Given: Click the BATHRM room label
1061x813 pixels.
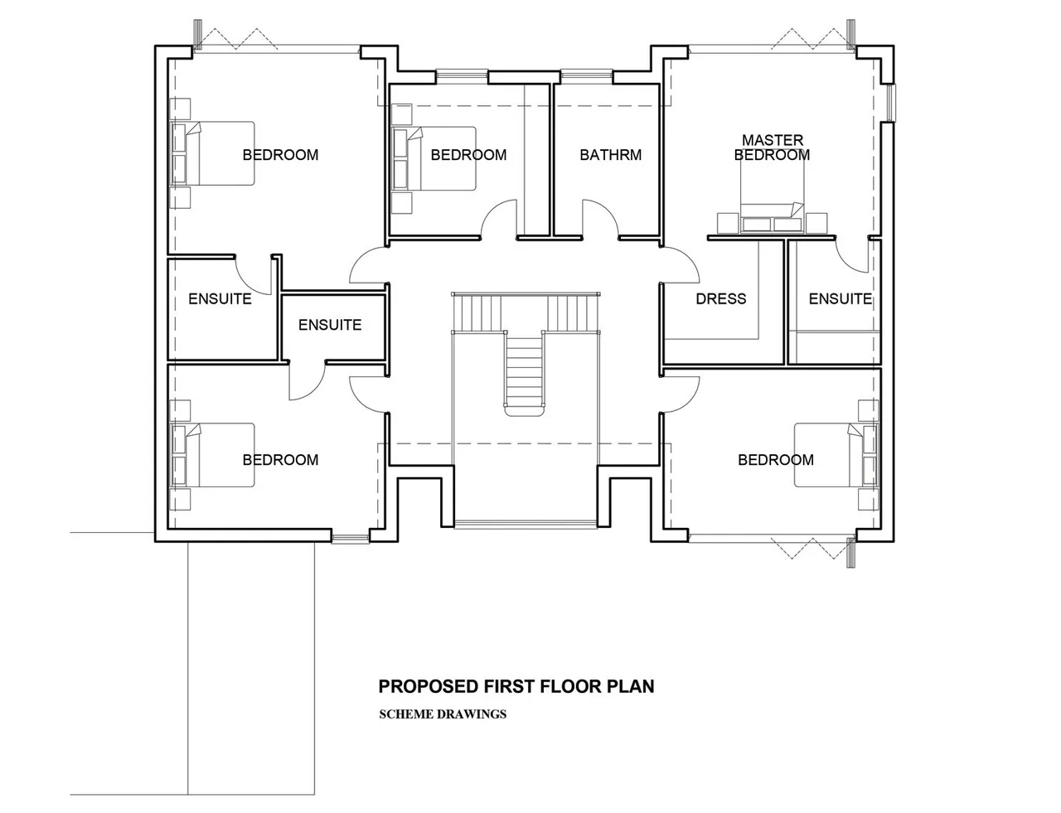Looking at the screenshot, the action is [x=610, y=155].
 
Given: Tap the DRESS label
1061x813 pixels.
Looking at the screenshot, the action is [x=720, y=298].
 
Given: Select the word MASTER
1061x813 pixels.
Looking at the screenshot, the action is [x=773, y=140].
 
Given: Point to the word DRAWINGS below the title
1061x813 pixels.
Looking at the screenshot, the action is [x=472, y=714].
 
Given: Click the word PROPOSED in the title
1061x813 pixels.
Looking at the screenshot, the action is [x=429, y=686].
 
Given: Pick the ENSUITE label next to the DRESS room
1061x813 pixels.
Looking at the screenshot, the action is [x=840, y=298].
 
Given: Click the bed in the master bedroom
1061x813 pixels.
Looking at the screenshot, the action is [x=773, y=196].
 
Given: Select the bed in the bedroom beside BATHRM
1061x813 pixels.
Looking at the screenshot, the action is [x=434, y=158].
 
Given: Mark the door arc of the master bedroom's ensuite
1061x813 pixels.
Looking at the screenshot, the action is [x=852, y=257].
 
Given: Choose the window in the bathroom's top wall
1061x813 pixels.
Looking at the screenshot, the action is [x=586, y=75].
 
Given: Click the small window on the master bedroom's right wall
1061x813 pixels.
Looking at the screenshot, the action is [x=891, y=104].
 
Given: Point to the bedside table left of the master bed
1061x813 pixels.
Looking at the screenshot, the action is [x=728, y=223].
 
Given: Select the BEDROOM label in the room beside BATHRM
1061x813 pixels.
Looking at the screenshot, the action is [x=468, y=155].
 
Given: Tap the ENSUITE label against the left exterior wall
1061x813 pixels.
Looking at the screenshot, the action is [x=220, y=298].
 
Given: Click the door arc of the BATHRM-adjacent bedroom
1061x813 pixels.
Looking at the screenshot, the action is [x=498, y=217].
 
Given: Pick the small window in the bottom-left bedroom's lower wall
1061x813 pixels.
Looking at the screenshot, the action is [x=350, y=539].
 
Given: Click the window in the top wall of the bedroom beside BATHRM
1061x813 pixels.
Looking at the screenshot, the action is [x=462, y=75].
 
